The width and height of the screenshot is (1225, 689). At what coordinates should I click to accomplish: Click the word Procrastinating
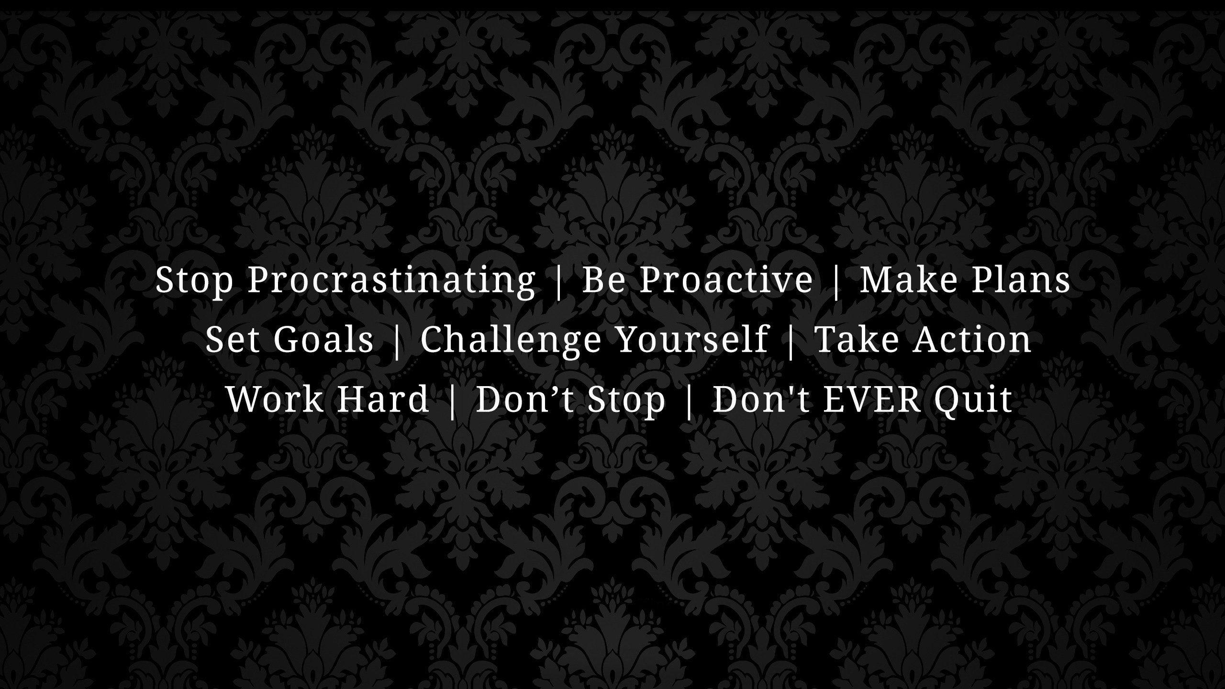(391, 280)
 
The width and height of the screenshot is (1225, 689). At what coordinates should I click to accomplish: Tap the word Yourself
(692, 339)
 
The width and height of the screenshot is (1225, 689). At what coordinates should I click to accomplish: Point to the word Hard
(383, 399)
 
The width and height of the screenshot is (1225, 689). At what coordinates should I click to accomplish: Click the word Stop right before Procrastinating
(194, 280)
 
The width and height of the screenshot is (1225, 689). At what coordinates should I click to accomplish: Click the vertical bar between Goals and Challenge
(397, 340)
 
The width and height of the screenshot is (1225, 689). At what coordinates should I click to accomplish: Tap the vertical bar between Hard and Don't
(452, 400)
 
